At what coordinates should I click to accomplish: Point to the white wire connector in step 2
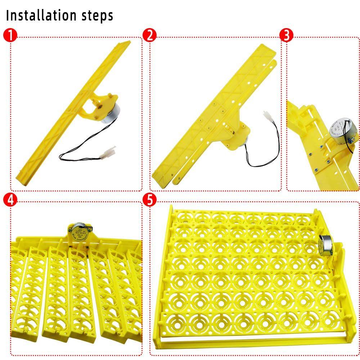coord(268,116)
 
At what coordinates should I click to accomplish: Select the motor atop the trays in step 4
coord(78,230)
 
